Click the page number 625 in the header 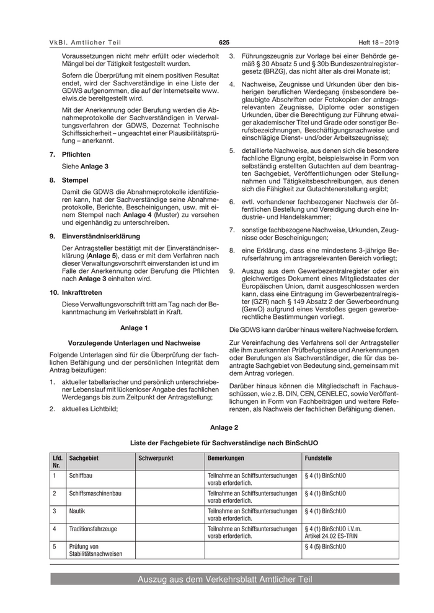pyautogui.click(x=224, y=42)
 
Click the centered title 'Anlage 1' pyautogui.click(x=133, y=327)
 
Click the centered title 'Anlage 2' pyautogui.click(x=224, y=427)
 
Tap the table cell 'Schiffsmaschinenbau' pyautogui.click(x=95, y=493)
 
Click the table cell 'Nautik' pyautogui.click(x=77, y=511)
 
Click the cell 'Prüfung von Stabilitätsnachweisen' pyautogui.click(x=95, y=550)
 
